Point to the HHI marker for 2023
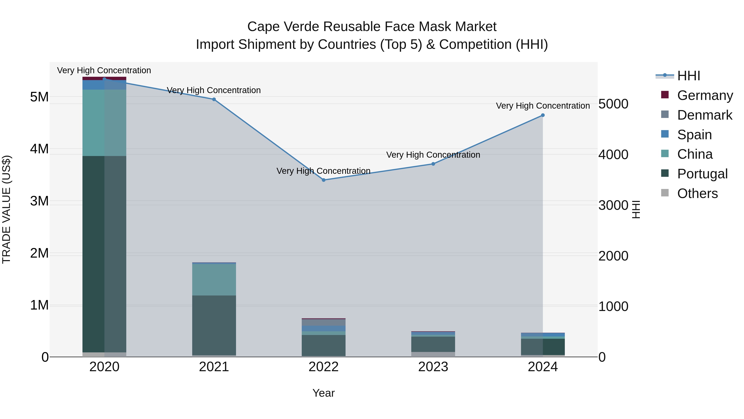point(433,164)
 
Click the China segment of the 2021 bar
point(214,280)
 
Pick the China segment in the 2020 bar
point(104,123)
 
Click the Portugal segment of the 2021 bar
point(214,325)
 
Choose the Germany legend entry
point(705,95)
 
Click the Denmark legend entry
point(705,115)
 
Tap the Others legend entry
point(697,193)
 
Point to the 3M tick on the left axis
point(39,201)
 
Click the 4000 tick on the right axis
point(613,154)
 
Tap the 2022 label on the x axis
point(323,367)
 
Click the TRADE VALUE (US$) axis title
point(6,209)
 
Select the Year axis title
point(323,393)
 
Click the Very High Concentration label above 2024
point(543,106)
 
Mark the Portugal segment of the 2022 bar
point(323,345)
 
